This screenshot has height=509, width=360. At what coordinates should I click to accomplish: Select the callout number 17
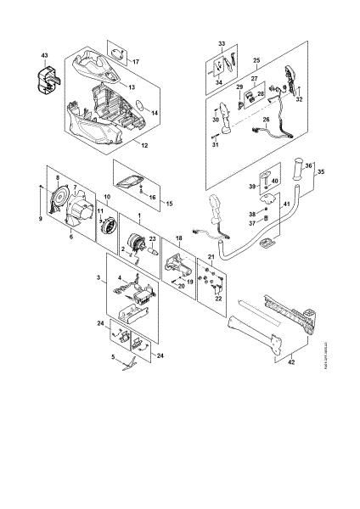135,62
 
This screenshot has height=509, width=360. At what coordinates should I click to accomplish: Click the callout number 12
145,146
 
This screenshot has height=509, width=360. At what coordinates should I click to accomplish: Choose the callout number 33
222,43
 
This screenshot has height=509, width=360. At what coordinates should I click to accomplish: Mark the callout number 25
257,61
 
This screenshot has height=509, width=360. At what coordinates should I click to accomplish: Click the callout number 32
300,99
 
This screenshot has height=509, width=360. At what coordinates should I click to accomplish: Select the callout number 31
215,145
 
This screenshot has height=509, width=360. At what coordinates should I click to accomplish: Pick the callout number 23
153,239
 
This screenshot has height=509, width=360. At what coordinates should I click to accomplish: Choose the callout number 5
113,357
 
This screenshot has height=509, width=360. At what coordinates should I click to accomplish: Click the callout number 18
178,239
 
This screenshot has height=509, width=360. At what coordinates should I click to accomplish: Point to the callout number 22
217,297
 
